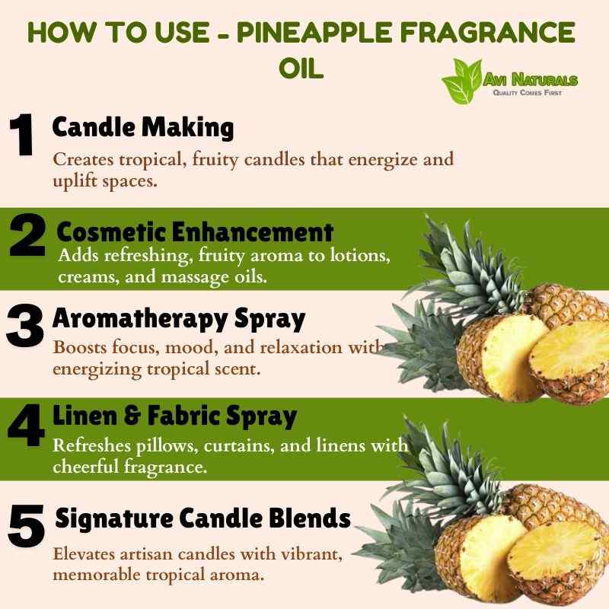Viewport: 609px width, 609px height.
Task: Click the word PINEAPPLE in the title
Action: click(315, 32)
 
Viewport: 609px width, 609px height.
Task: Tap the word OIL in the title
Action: click(301, 69)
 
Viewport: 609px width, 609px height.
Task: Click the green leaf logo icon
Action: click(463, 81)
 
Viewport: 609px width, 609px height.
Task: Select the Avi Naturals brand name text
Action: click(531, 80)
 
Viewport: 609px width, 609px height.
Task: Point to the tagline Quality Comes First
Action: click(527, 92)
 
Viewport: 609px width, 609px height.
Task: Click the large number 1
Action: click(22, 135)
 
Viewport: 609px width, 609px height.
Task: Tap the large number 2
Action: click(27, 234)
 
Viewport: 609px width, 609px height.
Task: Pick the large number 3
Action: click(25, 326)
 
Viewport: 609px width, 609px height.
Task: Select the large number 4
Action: click(26, 426)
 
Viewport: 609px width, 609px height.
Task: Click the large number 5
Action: click(26, 526)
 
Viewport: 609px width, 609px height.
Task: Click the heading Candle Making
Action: click(143, 128)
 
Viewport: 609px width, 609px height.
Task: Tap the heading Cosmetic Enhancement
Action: click(195, 232)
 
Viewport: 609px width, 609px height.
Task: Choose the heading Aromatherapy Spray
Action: click(179, 320)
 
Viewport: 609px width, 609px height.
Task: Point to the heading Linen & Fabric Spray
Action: click(175, 416)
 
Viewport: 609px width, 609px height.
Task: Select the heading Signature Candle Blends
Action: click(202, 519)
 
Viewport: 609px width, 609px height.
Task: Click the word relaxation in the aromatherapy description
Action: click(301, 347)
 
